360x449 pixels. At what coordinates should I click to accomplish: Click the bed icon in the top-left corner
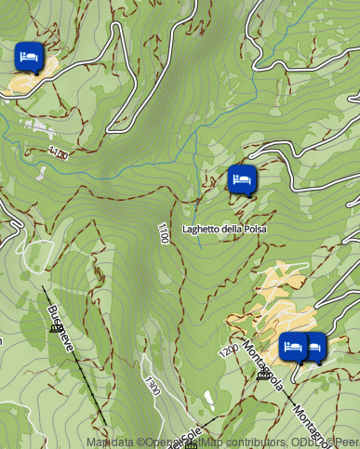click(x=29, y=56)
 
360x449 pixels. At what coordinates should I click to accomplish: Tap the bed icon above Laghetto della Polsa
click(x=241, y=178)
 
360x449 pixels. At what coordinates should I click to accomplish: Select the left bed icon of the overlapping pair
click(x=293, y=347)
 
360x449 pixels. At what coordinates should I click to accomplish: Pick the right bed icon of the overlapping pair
click(x=314, y=347)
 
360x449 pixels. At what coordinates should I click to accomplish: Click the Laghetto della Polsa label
click(x=224, y=229)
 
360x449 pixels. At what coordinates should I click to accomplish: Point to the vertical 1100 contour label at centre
click(x=164, y=233)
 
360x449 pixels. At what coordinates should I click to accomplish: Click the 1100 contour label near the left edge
click(x=58, y=153)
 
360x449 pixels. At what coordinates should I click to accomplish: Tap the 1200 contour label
click(x=229, y=352)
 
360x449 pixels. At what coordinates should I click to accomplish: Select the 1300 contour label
click(x=152, y=386)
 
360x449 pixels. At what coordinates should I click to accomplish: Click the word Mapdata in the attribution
click(x=108, y=442)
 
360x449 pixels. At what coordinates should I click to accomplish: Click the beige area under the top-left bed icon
click(x=26, y=82)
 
